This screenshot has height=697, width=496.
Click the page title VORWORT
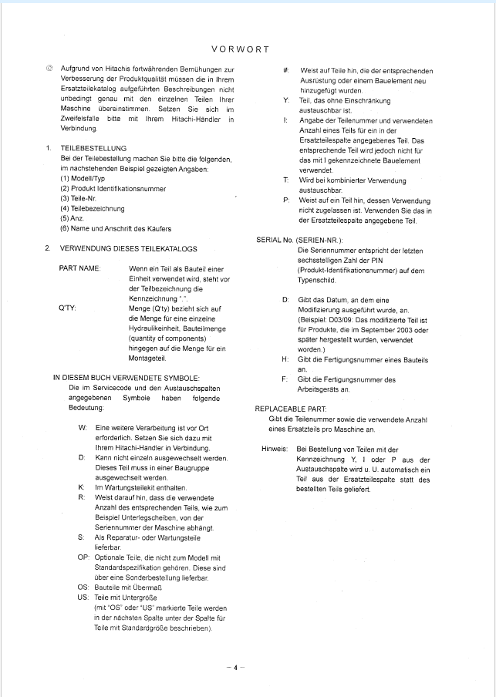click(240, 49)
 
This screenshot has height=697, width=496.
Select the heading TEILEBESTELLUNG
click(93, 148)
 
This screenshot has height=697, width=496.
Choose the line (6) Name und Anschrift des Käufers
click(116, 228)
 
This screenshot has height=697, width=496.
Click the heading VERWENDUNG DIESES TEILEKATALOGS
click(128, 248)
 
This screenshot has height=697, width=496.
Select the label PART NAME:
click(80, 268)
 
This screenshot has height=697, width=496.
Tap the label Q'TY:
click(67, 308)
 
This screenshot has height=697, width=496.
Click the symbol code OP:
click(83, 557)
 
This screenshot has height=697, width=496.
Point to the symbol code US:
click(83, 597)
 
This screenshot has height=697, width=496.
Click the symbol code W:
click(83, 426)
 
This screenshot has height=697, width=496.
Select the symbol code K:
click(82, 487)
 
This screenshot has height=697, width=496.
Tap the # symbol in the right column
click(286, 70)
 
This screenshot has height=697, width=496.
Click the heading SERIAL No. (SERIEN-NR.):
click(299, 240)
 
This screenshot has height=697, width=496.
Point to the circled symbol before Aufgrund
click(49, 70)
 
